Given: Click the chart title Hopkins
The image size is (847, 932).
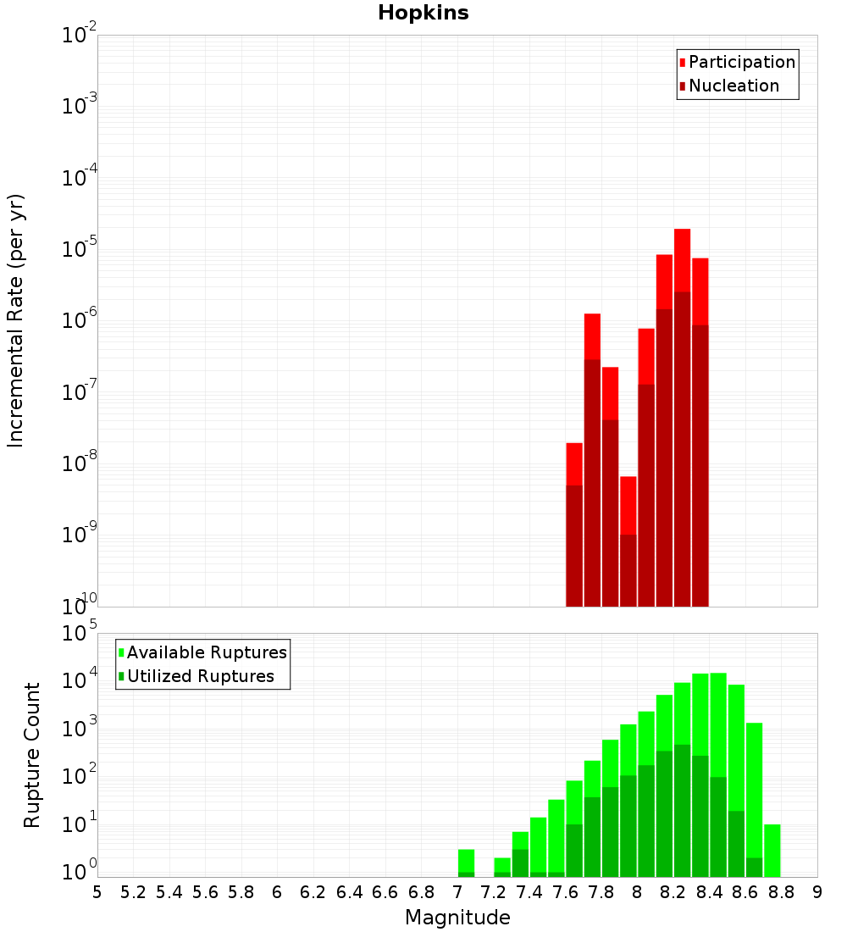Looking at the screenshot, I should [x=423, y=13].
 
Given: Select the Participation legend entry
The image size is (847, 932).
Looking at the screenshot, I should [x=741, y=62].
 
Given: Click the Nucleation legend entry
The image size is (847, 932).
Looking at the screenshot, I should [x=733, y=86].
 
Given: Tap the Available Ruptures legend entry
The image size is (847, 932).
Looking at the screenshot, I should [x=206, y=652].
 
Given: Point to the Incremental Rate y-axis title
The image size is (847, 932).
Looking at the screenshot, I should [x=16, y=320].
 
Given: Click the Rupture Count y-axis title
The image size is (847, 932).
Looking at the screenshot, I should [x=32, y=754].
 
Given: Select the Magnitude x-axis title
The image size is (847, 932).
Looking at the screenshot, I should [x=457, y=918].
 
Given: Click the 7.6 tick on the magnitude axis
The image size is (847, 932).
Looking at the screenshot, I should [x=566, y=891].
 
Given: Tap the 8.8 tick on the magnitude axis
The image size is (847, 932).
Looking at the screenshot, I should [x=782, y=891].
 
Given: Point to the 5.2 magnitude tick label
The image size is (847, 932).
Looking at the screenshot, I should [x=134, y=891].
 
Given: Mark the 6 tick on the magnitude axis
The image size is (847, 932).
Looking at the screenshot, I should [x=277, y=891].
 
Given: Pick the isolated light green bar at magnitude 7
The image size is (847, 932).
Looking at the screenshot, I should [x=466, y=860].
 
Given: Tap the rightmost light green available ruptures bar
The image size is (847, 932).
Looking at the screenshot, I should [x=772, y=850].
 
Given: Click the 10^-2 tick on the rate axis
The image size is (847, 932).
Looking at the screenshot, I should [x=80, y=36].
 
